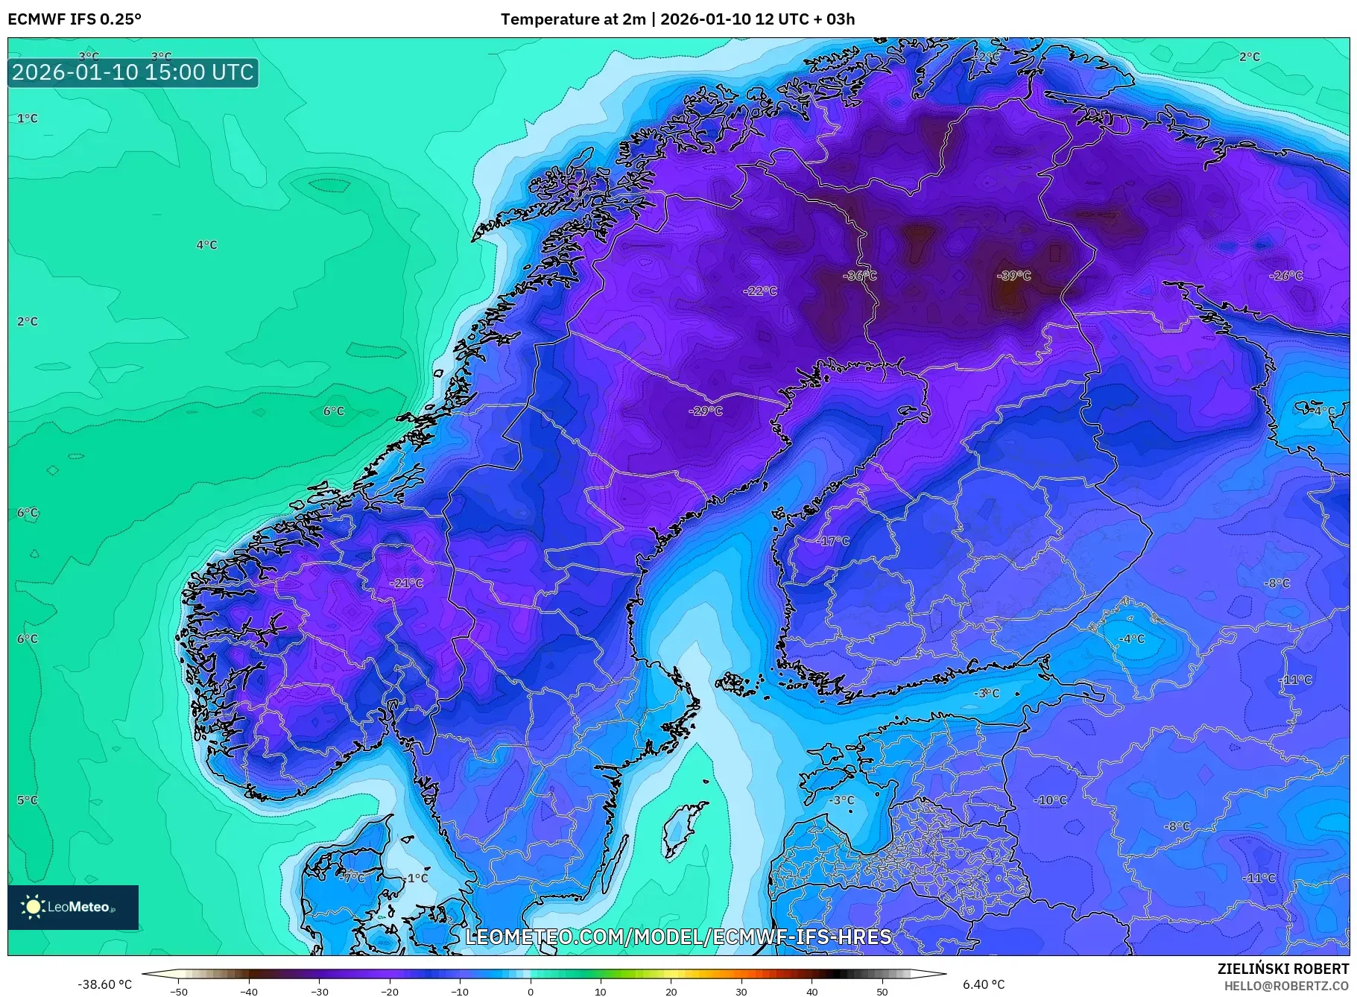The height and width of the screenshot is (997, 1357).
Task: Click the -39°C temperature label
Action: point(1013,276)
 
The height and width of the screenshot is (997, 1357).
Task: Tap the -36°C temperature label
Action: point(859,276)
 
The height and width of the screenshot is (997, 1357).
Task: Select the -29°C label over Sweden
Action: point(705,411)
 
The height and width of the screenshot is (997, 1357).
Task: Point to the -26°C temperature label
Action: point(1285,276)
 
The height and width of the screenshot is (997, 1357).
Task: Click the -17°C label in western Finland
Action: point(832,541)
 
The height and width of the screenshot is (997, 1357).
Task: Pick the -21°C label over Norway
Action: point(406,583)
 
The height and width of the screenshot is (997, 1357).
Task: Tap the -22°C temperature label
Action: point(759,291)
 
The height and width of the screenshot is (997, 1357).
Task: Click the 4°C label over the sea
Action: point(206,245)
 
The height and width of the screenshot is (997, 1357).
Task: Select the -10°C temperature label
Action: point(1050,800)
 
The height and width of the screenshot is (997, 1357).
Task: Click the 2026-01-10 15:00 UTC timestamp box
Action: point(133,72)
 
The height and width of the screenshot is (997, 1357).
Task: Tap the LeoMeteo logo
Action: point(73,907)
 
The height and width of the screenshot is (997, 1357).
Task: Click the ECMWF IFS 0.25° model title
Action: point(74,19)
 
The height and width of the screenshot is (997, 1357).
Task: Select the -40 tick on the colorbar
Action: point(249,991)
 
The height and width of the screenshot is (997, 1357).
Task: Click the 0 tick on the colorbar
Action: point(530,991)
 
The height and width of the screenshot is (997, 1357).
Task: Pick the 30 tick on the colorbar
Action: point(741,991)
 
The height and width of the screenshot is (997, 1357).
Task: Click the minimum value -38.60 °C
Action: point(104,984)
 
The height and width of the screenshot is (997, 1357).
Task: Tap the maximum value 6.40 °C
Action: point(983,984)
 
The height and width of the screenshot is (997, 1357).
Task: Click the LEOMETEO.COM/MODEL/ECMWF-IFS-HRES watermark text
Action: point(678,937)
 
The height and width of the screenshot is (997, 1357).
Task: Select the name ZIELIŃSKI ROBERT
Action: point(1282,969)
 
